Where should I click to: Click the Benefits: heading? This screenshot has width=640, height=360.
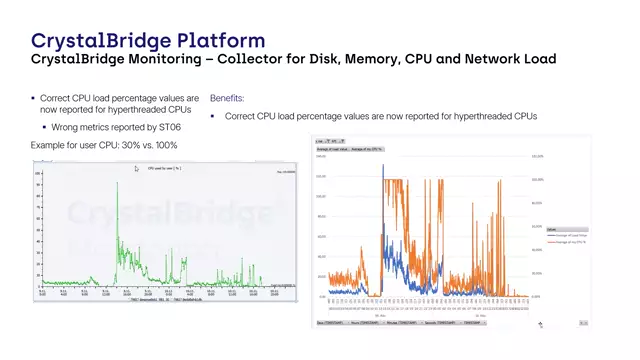pos(226,99)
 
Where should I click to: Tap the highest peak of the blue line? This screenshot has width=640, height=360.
pos(383,165)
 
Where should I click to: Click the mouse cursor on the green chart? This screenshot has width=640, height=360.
pos(137,169)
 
